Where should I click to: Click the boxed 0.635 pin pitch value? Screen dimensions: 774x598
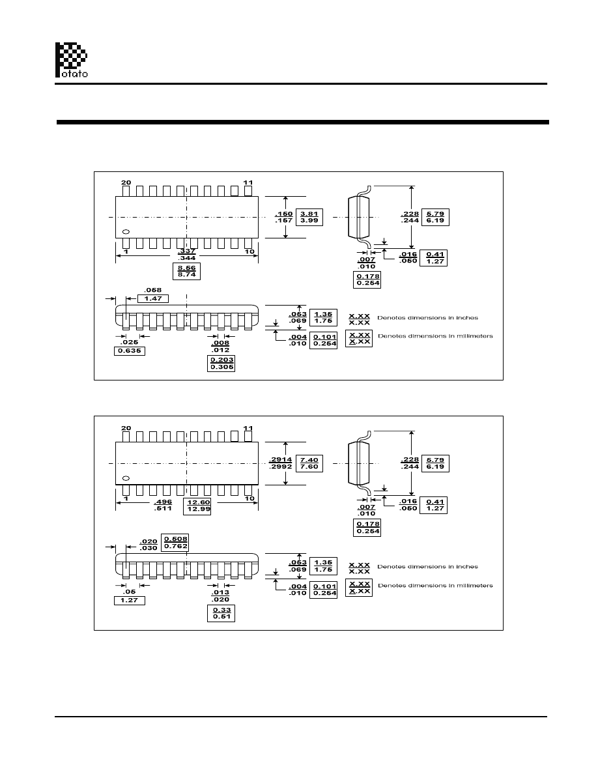click(x=129, y=351)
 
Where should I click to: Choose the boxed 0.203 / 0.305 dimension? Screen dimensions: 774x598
click(x=220, y=363)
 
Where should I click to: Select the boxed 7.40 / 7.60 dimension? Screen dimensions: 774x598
click(x=309, y=463)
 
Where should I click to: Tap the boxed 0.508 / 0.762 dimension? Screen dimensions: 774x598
click(x=175, y=543)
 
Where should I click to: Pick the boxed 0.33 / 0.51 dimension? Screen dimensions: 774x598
click(x=220, y=613)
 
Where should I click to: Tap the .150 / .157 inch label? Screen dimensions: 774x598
click(x=283, y=217)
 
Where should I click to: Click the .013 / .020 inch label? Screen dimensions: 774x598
click(x=220, y=595)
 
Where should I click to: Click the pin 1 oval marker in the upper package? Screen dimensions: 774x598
click(x=126, y=232)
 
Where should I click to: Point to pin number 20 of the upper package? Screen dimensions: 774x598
click(x=126, y=182)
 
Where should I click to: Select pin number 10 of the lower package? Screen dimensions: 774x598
click(x=248, y=498)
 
